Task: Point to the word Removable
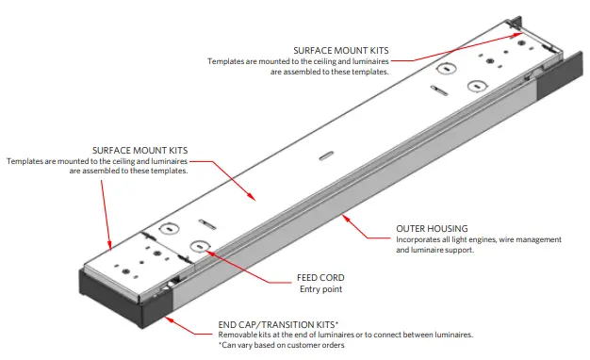(238, 335)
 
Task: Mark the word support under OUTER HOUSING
(456, 250)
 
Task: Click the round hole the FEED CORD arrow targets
(200, 247)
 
